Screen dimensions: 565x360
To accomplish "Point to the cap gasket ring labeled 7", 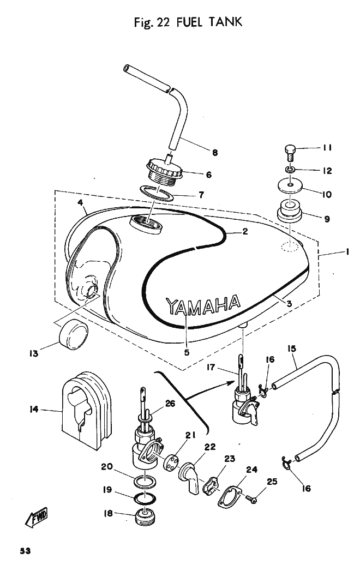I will [159, 193].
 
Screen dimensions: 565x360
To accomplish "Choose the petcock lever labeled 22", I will [190, 474].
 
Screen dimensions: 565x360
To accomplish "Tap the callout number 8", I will [215, 153].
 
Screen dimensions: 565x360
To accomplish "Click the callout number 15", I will [292, 348].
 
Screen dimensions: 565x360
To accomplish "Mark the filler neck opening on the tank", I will [146, 223].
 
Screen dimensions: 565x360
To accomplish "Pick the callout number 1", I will [347, 253].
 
